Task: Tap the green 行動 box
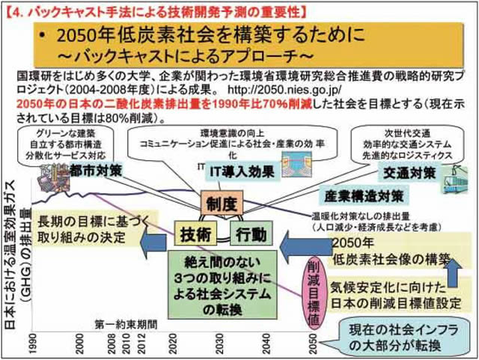pyautogui.click(x=250, y=234)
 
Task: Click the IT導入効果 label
pyautogui.click(x=239, y=171)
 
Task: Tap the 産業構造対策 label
pyautogui.click(x=364, y=196)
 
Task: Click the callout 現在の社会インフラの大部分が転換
pyautogui.click(x=403, y=334)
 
